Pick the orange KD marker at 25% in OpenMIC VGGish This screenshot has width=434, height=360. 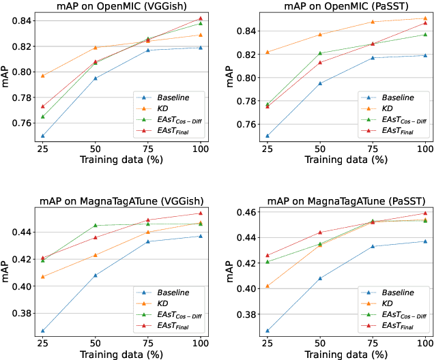(x=43, y=76)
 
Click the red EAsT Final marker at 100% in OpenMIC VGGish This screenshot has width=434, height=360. (x=201, y=18)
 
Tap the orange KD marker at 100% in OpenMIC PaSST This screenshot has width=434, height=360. (x=424, y=18)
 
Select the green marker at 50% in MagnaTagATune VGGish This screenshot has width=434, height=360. (x=96, y=225)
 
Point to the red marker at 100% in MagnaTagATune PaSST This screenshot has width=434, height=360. (x=424, y=213)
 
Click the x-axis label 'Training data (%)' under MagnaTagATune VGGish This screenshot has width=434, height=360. (x=122, y=354)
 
